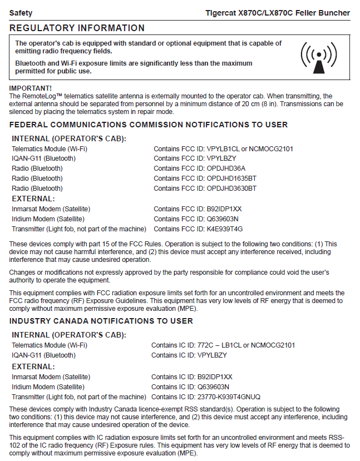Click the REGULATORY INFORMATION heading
77,28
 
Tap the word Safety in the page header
21,13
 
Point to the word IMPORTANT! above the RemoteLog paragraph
31,88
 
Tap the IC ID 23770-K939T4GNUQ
233,396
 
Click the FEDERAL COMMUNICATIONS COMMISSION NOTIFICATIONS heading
149,125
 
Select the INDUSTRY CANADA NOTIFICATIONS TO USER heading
101,321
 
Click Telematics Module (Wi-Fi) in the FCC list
50,148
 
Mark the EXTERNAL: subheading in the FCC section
33,199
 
